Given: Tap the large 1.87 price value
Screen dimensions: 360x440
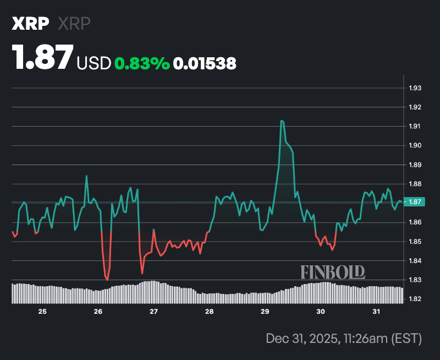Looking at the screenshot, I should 43,57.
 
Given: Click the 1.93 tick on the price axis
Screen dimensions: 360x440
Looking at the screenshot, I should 415,88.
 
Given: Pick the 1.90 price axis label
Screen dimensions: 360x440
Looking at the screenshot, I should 415,145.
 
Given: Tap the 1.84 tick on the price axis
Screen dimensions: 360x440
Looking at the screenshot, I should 415,261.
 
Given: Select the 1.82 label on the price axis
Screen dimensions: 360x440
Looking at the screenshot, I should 415,299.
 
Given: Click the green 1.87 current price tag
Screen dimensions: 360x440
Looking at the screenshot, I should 414,202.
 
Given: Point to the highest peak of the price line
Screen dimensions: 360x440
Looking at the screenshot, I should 282,121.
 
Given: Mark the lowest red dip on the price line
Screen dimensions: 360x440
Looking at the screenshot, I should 107,280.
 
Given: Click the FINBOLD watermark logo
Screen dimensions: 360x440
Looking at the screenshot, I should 333,271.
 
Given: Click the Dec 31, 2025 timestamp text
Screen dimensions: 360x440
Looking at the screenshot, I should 343,337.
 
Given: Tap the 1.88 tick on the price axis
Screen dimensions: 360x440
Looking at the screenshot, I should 415,184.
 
